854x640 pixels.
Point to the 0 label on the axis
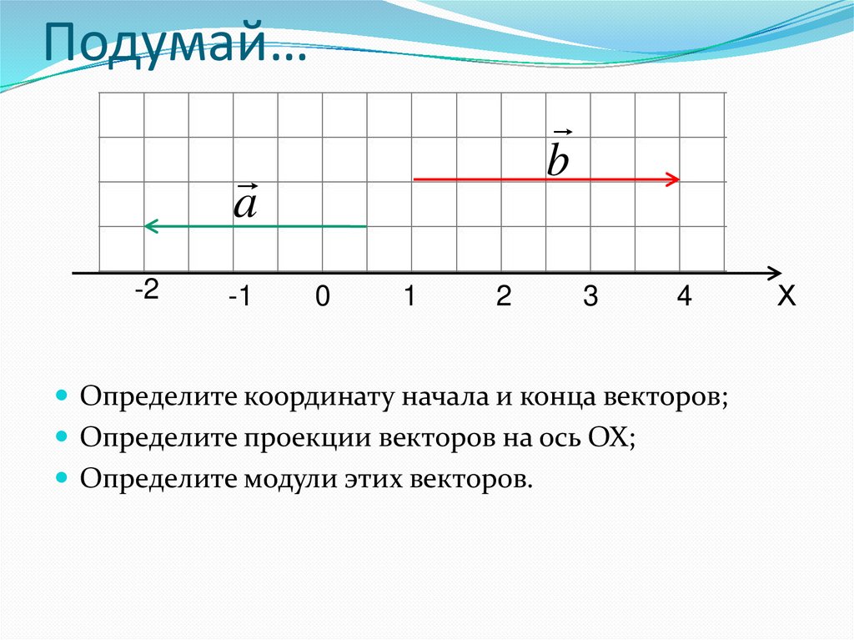pyautogui.click(x=323, y=298)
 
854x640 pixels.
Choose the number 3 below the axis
pyautogui.click(x=590, y=298)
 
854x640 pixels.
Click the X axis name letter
pyautogui.click(x=786, y=297)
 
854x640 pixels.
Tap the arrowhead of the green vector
pyautogui.click(x=149, y=226)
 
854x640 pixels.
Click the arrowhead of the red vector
pyautogui.click(x=675, y=179)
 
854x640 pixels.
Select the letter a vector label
pyautogui.click(x=245, y=203)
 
